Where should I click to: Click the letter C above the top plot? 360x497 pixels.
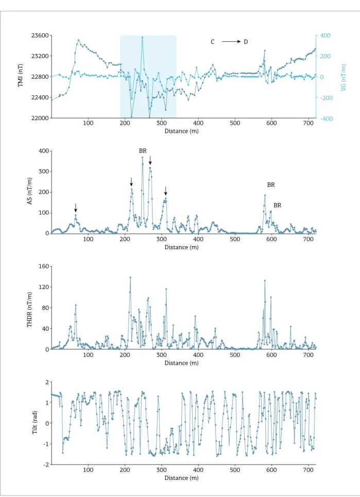212,42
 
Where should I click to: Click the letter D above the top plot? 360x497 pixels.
246,42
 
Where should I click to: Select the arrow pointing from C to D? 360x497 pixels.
231,42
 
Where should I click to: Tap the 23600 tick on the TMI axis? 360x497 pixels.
40,36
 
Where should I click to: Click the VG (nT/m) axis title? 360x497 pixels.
343,78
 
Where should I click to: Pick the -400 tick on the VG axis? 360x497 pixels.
324,118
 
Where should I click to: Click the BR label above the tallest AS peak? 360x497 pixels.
143,151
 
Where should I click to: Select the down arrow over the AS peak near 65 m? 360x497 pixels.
75,208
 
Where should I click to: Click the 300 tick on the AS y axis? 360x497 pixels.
44,172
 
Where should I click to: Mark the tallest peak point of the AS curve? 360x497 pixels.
142,158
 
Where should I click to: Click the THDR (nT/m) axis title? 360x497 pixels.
30,310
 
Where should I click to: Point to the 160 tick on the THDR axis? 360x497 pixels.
44,266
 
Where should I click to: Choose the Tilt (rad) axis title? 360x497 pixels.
35,422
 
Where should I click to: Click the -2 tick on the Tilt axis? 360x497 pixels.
46,465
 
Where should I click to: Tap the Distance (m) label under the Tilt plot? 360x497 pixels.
181,478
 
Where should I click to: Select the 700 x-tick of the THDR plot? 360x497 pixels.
308,355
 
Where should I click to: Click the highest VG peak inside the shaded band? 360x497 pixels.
142,37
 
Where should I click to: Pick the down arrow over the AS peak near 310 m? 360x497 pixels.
165,191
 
